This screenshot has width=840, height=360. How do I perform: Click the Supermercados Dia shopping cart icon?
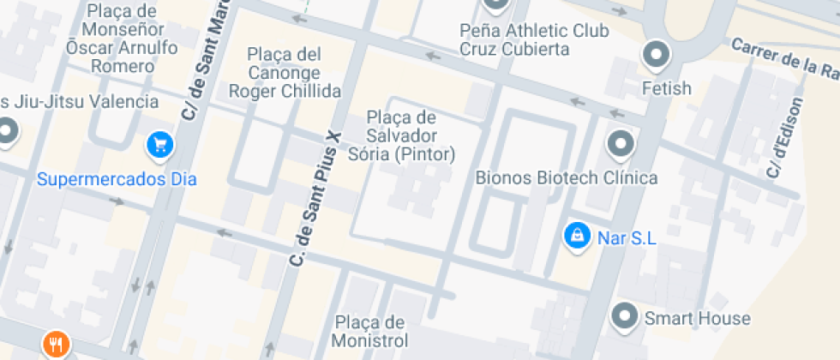tap(159, 145)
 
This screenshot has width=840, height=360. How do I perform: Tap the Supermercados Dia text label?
tap(117, 179)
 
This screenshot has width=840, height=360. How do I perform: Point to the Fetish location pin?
tap(657, 55)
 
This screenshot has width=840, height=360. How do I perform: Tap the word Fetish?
tap(667, 88)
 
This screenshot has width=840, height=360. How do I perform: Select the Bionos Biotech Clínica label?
tap(567, 178)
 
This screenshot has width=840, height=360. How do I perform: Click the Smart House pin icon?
tap(625, 316)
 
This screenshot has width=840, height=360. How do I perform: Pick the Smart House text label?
tap(697, 319)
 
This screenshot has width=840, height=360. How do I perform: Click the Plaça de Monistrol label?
tap(369, 331)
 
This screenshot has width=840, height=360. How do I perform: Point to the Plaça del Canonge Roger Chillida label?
tap(285, 72)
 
